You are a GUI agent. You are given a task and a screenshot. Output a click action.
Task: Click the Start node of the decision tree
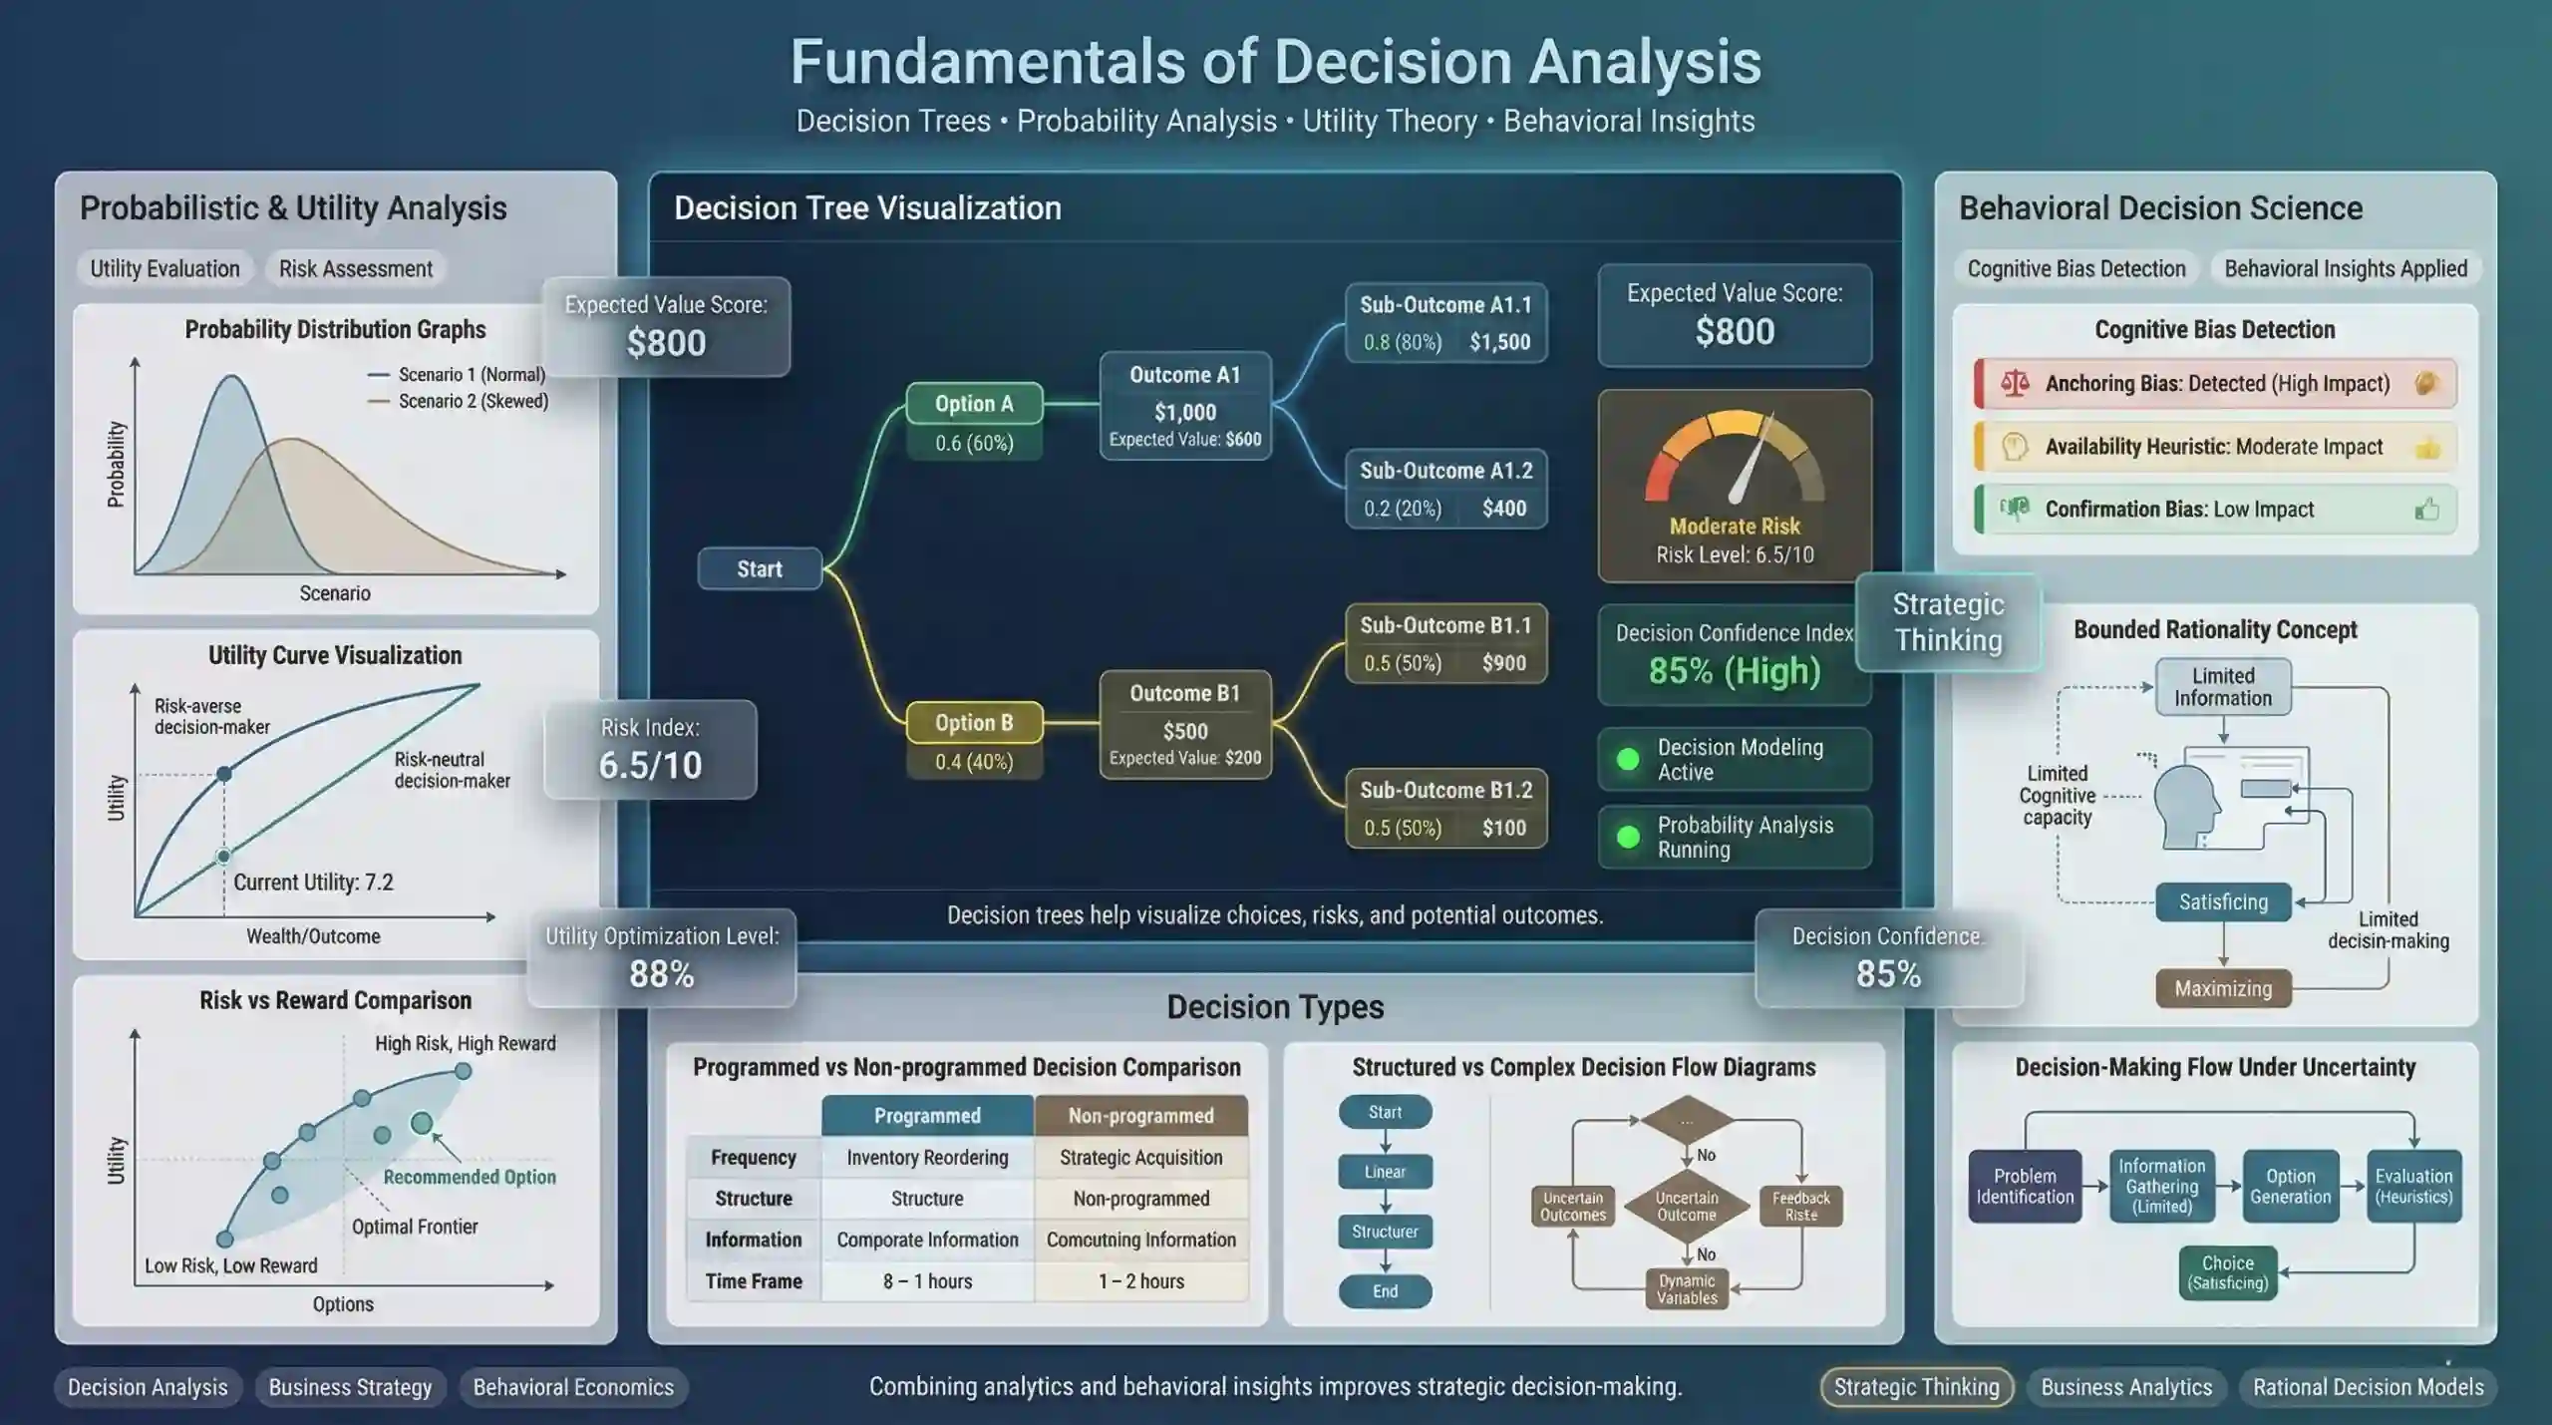coord(760,568)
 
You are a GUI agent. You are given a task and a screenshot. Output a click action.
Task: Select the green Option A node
coord(974,404)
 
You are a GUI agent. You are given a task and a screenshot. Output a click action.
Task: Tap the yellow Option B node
coord(974,722)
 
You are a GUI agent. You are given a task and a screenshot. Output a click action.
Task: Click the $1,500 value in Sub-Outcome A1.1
coord(1499,342)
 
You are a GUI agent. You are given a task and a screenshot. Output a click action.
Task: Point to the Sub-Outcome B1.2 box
coord(1446,808)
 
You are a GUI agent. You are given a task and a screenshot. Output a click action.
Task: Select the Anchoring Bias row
coord(2215,384)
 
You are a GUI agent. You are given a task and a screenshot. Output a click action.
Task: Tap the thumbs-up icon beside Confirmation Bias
coord(2426,510)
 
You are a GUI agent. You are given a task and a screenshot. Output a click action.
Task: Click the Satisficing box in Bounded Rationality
coord(2223,901)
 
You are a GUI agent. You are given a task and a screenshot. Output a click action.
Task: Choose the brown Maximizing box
coord(2223,988)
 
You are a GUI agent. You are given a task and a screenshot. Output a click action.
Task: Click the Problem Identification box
coord(2025,1186)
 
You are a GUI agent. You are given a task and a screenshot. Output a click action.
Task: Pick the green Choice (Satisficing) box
coord(2227,1272)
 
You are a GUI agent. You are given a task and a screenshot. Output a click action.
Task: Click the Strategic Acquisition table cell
coord(1140,1158)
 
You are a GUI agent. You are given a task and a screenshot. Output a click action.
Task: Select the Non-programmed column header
coord(1140,1116)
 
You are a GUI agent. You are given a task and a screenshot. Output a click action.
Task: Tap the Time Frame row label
coord(754,1281)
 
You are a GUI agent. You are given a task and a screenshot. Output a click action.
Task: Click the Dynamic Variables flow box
coord(1687,1289)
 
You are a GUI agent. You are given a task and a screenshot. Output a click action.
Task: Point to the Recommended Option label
coord(470,1177)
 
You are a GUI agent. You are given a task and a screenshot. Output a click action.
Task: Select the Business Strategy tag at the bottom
coord(350,1387)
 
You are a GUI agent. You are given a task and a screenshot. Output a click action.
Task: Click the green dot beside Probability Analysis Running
coord(1628,837)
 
